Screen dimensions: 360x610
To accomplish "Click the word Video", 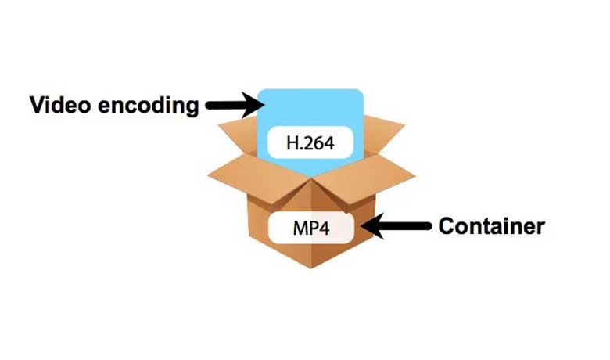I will point(56,105).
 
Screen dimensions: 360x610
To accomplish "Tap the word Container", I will point(491,227).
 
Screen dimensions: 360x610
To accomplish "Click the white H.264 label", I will point(310,143).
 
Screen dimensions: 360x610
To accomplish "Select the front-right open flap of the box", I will point(368,177).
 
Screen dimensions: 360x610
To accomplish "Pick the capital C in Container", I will point(447,227).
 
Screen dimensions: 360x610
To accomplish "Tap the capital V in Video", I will point(37,105).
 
